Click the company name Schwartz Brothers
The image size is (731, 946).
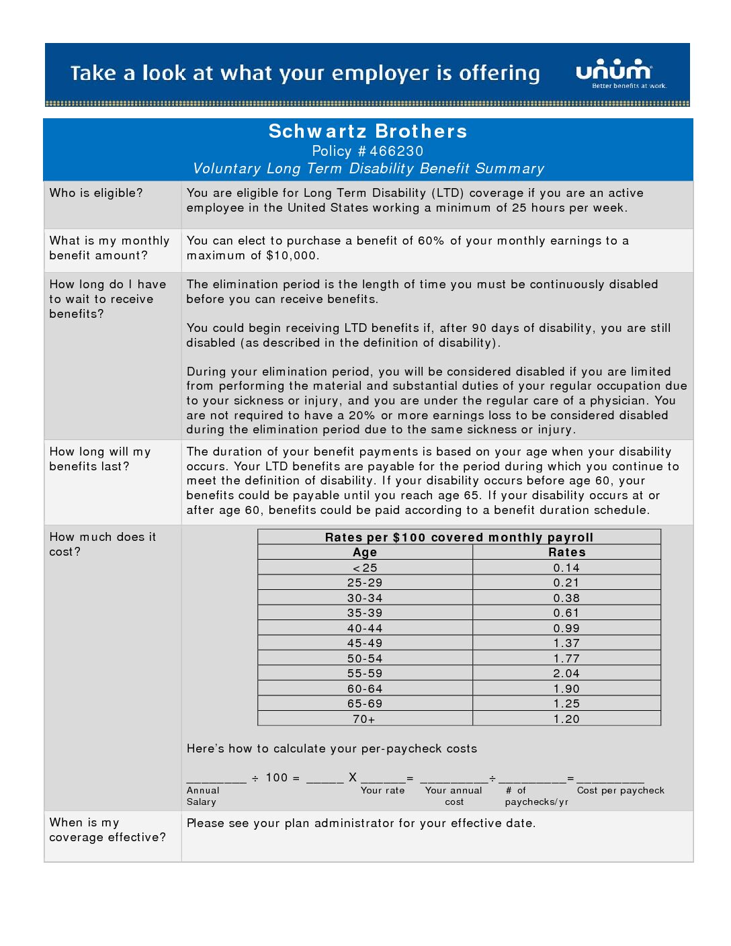pos(368,131)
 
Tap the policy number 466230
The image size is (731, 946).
pos(396,151)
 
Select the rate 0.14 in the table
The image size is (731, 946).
pos(566,568)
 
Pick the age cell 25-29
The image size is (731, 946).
pos(365,583)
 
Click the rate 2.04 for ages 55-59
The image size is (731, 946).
pos(566,673)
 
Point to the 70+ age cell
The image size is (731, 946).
pos(364,719)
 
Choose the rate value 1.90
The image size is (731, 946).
pos(566,689)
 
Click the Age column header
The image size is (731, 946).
pos(365,552)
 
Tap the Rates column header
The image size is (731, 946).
pos(566,552)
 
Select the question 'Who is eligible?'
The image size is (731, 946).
pos(96,193)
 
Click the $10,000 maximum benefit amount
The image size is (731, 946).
pos(292,255)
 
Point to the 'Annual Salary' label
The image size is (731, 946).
pos(203,796)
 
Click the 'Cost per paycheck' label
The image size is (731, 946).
pos(620,791)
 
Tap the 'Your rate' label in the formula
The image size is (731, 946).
pos(382,791)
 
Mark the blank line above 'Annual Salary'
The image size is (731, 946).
pos(216,779)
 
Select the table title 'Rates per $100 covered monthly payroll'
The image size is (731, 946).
pos(459,537)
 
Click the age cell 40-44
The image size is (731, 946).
pos(365,628)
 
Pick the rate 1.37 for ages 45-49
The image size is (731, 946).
pos(566,643)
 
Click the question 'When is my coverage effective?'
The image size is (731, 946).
pos(107,830)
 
